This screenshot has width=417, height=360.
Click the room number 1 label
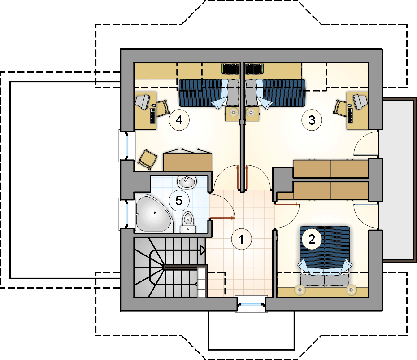pyautogui.click(x=241, y=239)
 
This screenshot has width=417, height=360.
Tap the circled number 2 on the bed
pyautogui.click(x=312, y=239)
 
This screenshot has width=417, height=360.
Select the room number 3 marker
pyautogui.click(x=312, y=120)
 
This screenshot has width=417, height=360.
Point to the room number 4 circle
pyautogui.click(x=179, y=120)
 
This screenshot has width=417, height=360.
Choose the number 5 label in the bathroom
pyautogui.click(x=179, y=200)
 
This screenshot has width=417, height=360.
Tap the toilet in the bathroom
pyautogui.click(x=188, y=222)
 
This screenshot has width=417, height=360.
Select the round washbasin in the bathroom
pyautogui.click(x=187, y=182)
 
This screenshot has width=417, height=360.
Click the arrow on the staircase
pyautogui.click(x=203, y=250)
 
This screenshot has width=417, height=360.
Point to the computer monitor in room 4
pyautogui.click(x=143, y=101)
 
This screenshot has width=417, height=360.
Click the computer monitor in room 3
pyautogui.click(x=360, y=101)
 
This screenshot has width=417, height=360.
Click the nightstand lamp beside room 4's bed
pyautogui.click(x=233, y=113)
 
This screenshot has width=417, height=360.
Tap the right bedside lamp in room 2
pyautogui.click(x=351, y=290)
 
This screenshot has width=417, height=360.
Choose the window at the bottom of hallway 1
pyautogui.click(x=251, y=303)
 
